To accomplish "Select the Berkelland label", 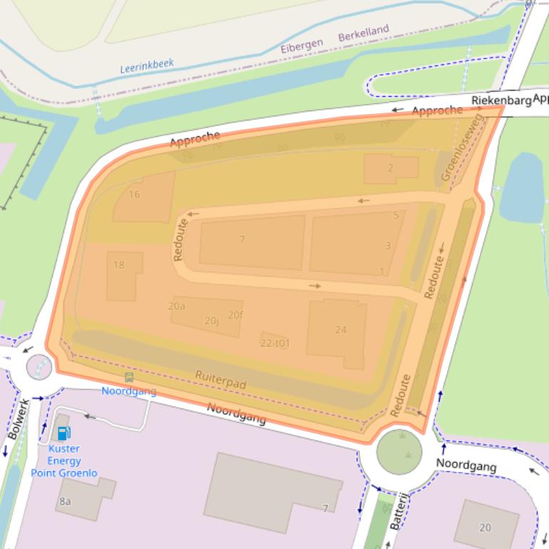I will click(x=364, y=33).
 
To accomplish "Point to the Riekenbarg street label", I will click(x=501, y=101).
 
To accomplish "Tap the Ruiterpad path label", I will click(x=220, y=379).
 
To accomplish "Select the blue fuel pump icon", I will click(x=63, y=433).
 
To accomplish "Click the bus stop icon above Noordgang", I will click(x=128, y=377).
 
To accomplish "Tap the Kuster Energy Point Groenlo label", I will click(x=63, y=461).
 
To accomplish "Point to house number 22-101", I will click(x=275, y=343).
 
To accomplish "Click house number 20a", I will click(x=176, y=306).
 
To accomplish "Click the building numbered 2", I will click(x=390, y=168).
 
